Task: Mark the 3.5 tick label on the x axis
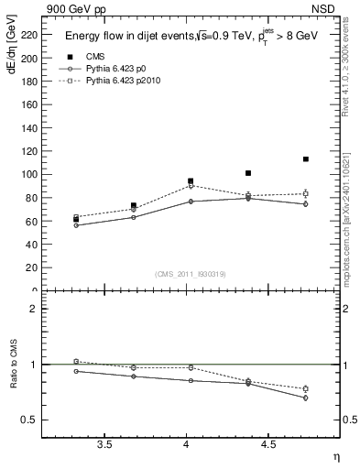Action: (x=104, y=444)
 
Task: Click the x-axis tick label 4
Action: (x=187, y=444)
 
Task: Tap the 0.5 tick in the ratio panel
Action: (x=30, y=420)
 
